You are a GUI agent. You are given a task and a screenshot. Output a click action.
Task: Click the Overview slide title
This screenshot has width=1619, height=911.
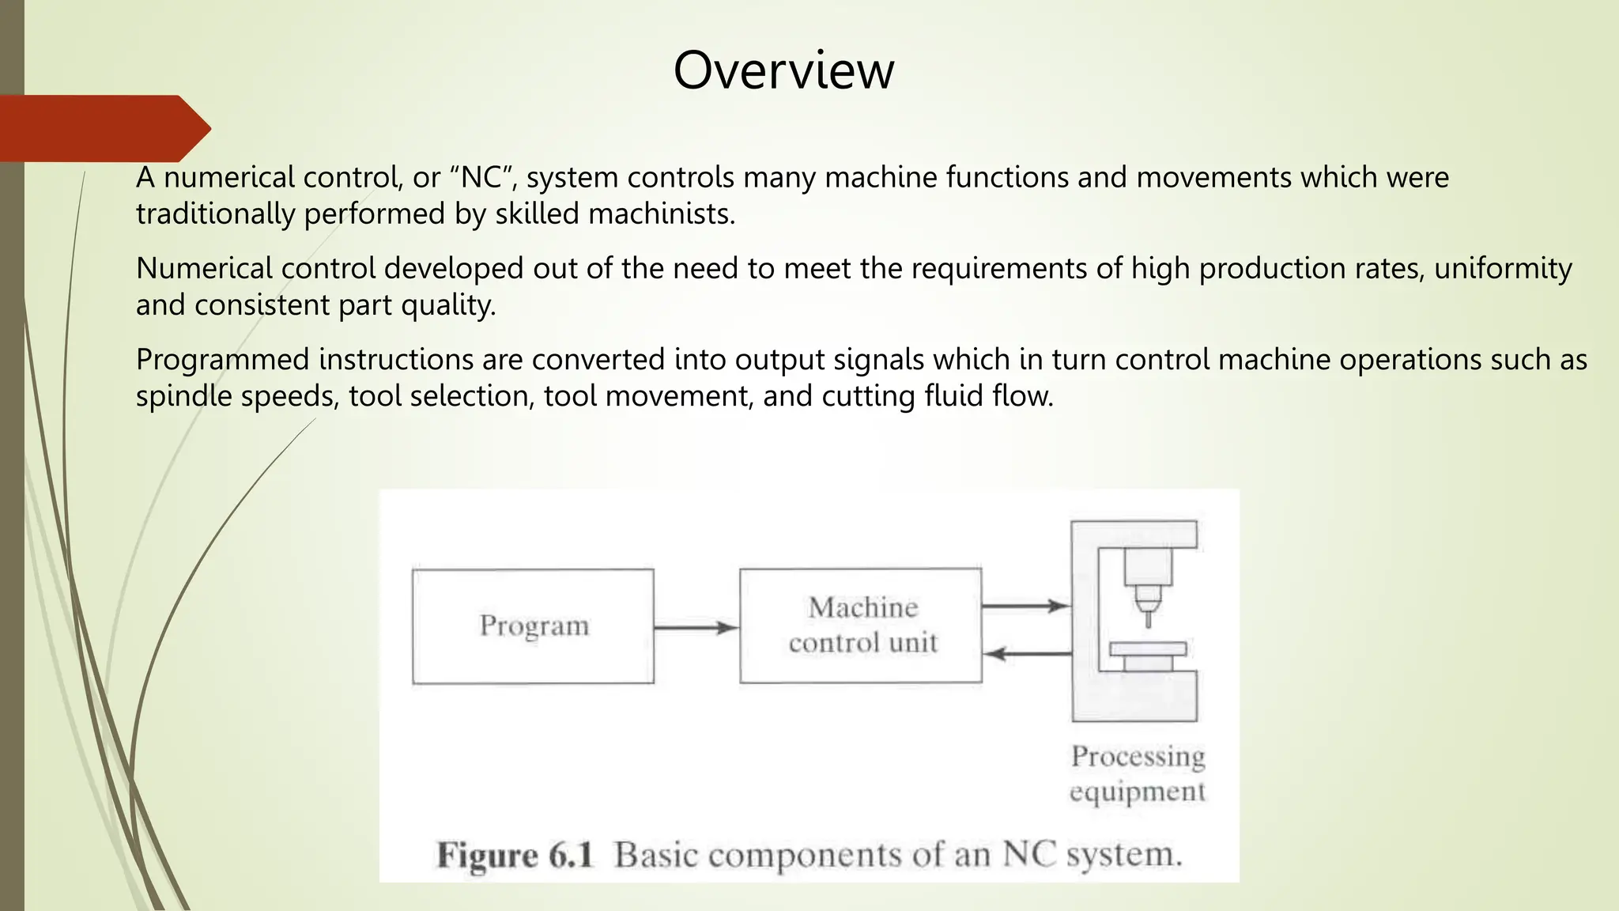tap(783, 70)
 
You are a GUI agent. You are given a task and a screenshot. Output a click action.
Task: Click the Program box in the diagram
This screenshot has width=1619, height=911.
tap(534, 626)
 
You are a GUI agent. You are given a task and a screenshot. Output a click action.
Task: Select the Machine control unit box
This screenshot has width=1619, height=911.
tap(861, 625)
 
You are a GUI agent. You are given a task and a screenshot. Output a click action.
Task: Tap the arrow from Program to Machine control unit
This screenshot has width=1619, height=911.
tap(696, 628)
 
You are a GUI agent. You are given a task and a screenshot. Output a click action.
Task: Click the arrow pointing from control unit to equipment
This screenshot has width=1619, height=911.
tap(1025, 607)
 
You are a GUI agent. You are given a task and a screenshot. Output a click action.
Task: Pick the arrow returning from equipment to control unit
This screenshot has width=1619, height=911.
tap(1027, 654)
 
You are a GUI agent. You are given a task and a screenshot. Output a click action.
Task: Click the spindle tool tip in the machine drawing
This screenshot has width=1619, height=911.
tap(1148, 617)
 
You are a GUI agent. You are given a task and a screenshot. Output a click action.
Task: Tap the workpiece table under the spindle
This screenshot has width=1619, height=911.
tap(1148, 649)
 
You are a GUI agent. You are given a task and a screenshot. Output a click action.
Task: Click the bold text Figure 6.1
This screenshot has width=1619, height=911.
tap(515, 856)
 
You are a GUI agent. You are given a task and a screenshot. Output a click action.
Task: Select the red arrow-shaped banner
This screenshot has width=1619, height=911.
tap(103, 128)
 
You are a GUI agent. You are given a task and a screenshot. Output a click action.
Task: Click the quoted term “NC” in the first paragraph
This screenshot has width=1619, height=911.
tap(481, 177)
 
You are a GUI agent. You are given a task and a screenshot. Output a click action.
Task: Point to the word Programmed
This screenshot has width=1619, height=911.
tap(222, 360)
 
